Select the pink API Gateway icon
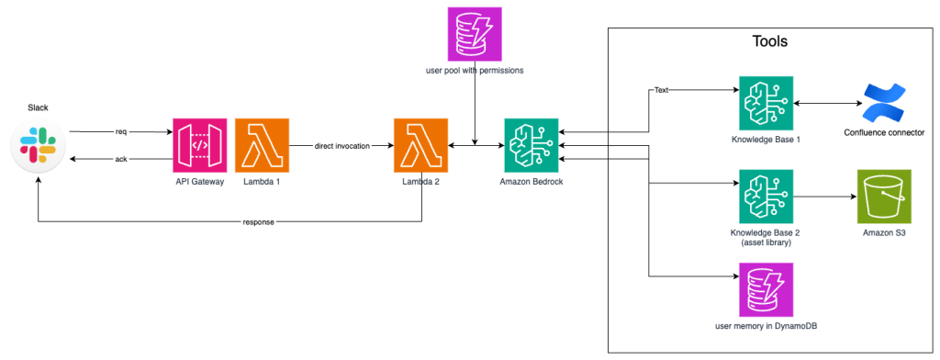tap(200, 146)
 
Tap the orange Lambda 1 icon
tap(262, 146)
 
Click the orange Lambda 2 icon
tap(421, 146)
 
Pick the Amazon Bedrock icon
tap(532, 146)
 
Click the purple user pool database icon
tap(474, 34)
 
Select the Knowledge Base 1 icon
tap(767, 105)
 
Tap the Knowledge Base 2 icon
tap(767, 197)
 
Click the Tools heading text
tap(769, 41)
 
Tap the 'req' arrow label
tap(120, 131)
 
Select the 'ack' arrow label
tap(120, 160)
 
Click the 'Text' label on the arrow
tap(661, 91)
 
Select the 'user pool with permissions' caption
tap(474, 70)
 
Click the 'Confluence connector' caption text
tap(883, 133)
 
